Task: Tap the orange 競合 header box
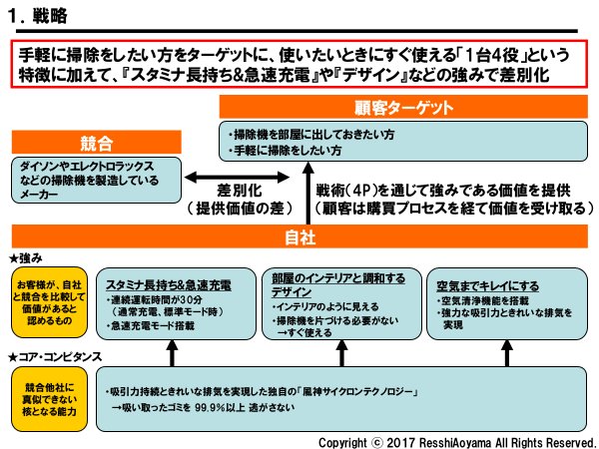tap(95, 142)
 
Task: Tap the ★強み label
tap(24, 258)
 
